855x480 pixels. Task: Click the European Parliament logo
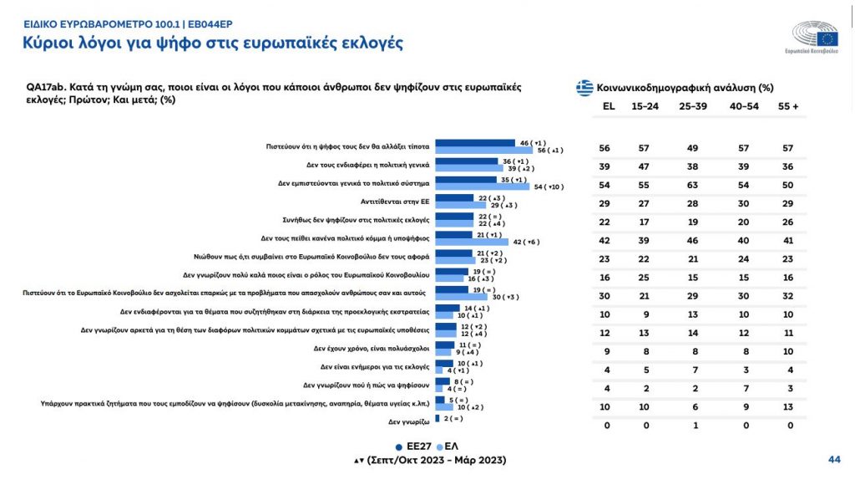817,38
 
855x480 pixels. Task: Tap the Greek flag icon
584,87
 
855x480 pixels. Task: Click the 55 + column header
789,106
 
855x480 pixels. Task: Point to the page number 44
833,459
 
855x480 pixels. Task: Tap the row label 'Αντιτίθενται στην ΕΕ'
389,200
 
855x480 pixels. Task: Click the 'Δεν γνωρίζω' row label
407,421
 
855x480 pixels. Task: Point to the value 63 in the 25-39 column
691,184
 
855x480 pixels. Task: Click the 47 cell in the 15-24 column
646,166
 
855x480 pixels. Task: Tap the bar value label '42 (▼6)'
527,241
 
